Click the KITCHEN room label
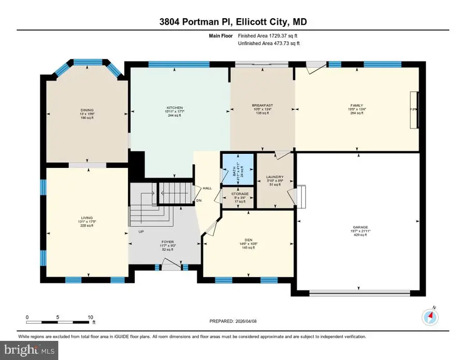pyautogui.click(x=177, y=108)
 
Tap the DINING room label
pyautogui.click(x=86, y=109)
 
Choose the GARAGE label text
pyautogui.click(x=360, y=227)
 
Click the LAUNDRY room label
pyautogui.click(x=274, y=177)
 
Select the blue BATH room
pyautogui.click(x=238, y=169)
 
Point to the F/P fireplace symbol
pyautogui.click(x=413, y=110)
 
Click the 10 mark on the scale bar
pyautogui.click(x=90, y=316)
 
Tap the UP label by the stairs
pyautogui.click(x=140, y=232)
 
